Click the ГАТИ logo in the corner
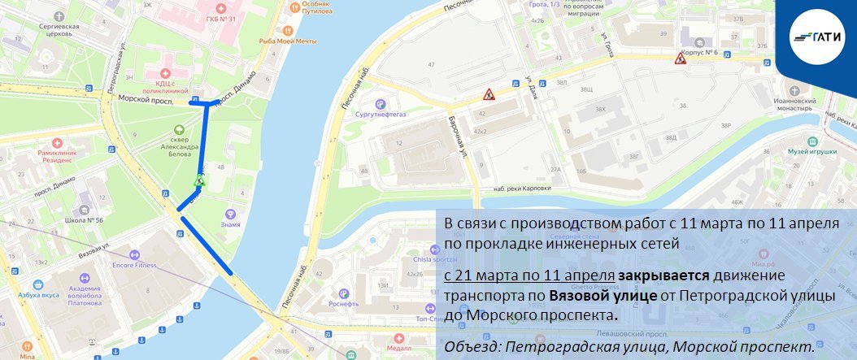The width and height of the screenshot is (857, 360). (x=815, y=35)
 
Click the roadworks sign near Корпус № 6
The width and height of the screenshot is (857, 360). (x=680, y=58)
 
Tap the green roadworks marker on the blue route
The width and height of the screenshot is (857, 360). (x=200, y=180)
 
